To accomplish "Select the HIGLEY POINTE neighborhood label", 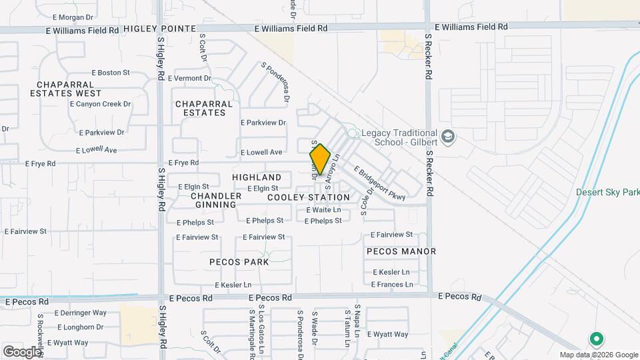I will click(160, 29).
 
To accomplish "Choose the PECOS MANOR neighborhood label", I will click(401, 251).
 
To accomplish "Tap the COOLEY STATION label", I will click(309, 197).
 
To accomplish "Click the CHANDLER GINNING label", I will click(216, 200).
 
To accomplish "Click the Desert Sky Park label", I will click(608, 193).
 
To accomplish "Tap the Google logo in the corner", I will click(22, 351).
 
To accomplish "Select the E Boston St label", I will click(110, 73).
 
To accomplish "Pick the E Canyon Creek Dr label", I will click(100, 104).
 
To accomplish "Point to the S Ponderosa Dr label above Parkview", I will click(276, 82).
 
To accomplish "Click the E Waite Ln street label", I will click(323, 210).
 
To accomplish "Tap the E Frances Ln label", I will click(392, 285).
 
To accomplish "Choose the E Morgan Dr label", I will click(73, 17).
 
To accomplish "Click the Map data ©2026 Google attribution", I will click(598, 355).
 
